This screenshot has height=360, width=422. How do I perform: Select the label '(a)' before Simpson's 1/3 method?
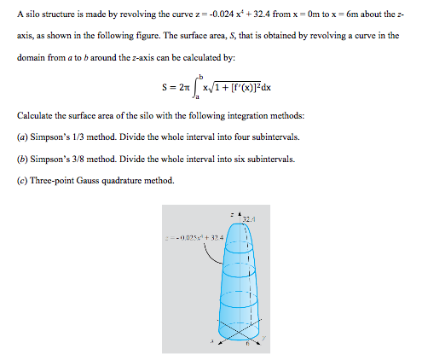click(22, 137)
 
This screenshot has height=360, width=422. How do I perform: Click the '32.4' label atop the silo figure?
click(247, 219)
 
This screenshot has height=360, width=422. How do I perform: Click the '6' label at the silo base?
click(248, 345)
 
